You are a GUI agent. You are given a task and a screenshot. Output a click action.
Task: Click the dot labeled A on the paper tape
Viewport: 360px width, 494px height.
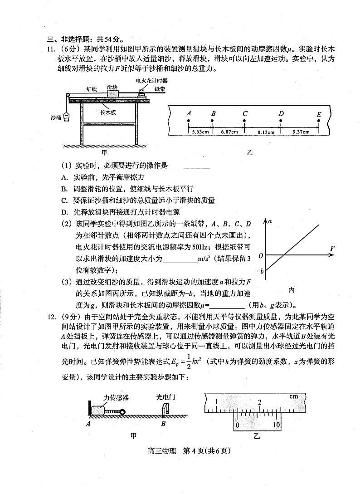188,121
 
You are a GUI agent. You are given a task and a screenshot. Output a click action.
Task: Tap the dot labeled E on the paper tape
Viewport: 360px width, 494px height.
319,121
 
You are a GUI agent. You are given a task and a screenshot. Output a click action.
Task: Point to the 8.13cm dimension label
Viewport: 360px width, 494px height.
263,132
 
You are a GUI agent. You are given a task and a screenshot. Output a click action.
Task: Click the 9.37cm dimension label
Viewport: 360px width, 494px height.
300,132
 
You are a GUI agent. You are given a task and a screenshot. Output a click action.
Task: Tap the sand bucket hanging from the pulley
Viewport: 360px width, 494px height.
67,117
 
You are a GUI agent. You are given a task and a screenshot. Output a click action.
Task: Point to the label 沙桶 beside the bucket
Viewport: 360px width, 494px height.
55,117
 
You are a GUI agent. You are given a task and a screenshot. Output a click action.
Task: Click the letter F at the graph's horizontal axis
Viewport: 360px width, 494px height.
332,248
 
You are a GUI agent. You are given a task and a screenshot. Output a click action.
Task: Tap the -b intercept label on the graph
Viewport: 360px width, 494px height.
260,271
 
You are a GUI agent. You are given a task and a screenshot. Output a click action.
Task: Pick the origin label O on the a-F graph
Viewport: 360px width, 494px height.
261,256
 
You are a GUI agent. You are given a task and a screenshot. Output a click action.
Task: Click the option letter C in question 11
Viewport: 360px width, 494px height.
64,200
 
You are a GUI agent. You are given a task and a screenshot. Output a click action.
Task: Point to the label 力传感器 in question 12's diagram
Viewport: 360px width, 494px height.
116,397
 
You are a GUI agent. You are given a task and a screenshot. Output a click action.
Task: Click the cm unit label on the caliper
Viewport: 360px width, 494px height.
294,396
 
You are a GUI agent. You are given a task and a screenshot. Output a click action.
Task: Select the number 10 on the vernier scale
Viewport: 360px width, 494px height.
277,425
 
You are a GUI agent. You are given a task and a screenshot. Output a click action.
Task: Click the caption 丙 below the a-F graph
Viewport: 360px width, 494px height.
291,289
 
